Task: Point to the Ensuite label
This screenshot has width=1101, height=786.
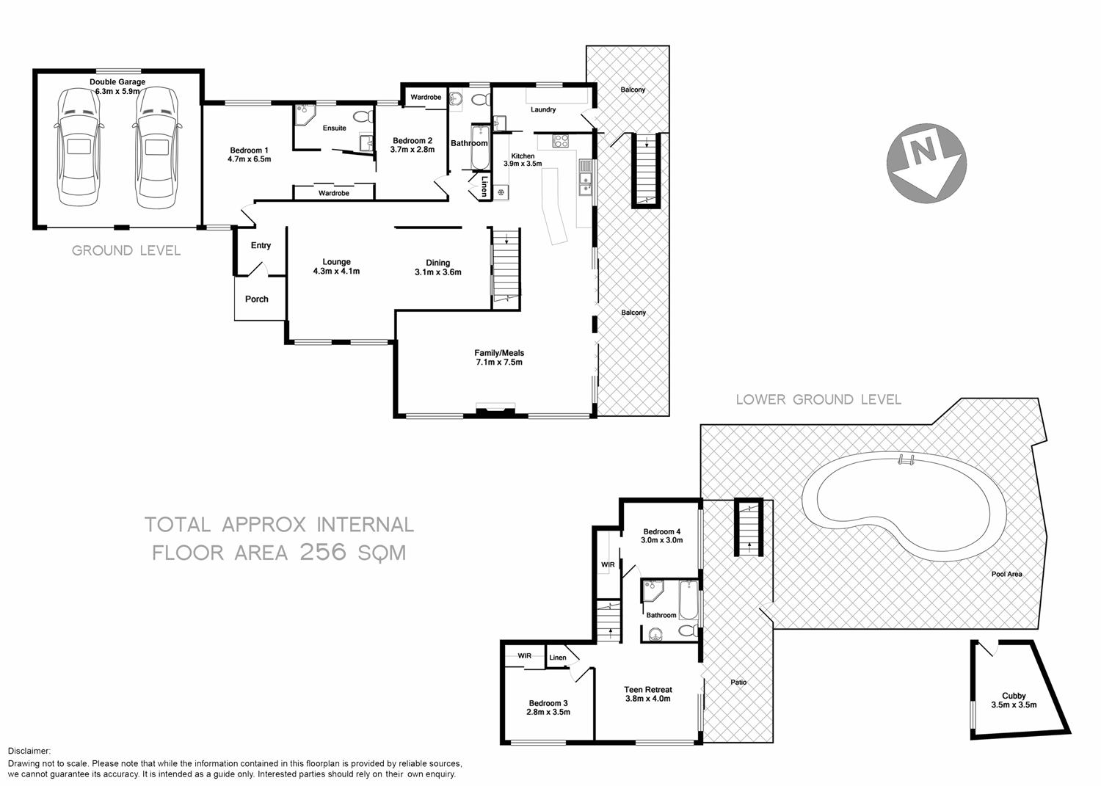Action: (335, 128)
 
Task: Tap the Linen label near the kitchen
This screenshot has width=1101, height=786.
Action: (484, 186)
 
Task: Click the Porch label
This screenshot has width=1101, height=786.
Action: (257, 299)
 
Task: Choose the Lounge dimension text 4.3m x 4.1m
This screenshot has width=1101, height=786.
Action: (336, 272)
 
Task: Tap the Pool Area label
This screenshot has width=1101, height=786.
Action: (1006, 574)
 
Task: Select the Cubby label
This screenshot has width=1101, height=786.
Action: (1014, 696)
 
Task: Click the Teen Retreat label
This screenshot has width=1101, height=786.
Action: (648, 690)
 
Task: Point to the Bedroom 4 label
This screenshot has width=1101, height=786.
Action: (662, 531)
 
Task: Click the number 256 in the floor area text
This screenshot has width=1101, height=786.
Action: (322, 552)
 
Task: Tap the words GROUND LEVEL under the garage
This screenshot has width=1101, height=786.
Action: (126, 251)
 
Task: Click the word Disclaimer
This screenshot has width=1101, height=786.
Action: (29, 751)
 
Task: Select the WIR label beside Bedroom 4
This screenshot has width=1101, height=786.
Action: (608, 564)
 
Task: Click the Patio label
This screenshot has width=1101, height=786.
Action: (738, 683)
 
